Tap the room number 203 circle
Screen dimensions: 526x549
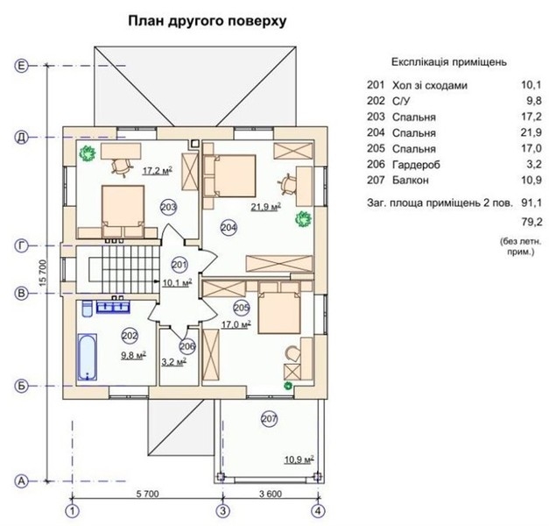[170, 207]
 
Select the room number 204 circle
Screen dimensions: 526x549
[229, 227]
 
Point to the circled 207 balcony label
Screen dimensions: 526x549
[269, 419]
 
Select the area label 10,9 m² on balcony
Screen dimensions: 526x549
[299, 458]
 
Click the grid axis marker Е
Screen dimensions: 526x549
[22, 65]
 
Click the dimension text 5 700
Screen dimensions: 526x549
[146, 494]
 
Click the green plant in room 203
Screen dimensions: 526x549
[87, 153]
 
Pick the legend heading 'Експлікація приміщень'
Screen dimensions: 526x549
[448, 62]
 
